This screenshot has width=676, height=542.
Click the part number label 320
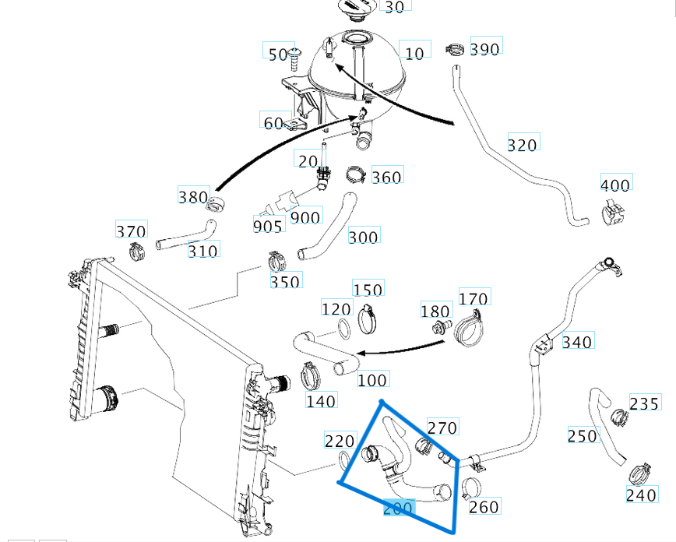(522, 144)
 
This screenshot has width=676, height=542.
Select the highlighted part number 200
(398, 509)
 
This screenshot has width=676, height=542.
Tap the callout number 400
(615, 185)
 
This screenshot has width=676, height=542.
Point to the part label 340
(576, 341)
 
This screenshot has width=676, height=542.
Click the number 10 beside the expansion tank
(415, 53)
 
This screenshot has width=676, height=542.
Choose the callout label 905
(267, 226)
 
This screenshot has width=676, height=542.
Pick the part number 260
(484, 506)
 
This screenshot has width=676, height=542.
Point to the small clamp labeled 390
(455, 51)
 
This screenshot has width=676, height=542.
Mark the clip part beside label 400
(614, 211)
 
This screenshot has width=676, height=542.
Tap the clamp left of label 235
(619, 417)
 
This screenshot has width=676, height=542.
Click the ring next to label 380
(217, 204)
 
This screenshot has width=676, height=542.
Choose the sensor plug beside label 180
(443, 325)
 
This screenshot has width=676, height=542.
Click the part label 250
(583, 435)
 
